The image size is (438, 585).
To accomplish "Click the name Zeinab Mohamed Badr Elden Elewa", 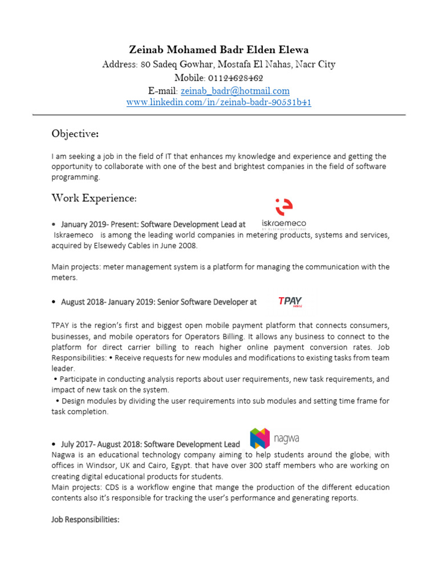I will coord(218,50).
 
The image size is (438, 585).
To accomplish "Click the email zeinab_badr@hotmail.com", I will coord(235,91).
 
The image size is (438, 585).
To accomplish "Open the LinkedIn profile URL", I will coord(218,103).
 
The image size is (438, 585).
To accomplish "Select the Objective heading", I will coord(75,134).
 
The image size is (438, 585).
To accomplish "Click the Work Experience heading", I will coord(94,198).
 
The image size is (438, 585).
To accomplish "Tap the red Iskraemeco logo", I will coord(283,214).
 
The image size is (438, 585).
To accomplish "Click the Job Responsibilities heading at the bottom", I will coord(86,519).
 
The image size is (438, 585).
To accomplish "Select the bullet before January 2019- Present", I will coord(53,225).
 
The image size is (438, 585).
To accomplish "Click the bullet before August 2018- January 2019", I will coord(53,302).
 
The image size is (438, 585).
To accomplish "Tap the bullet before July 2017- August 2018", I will coord(53,444).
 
